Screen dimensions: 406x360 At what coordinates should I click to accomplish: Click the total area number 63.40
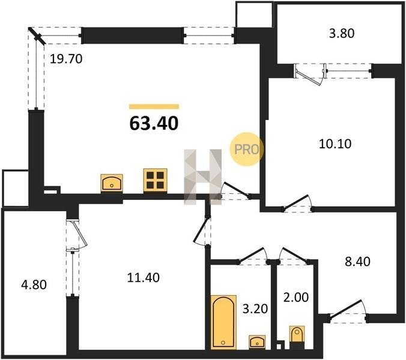pyautogui.click(x=154, y=123)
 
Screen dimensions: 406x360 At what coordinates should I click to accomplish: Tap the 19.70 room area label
pyautogui.click(x=66, y=59)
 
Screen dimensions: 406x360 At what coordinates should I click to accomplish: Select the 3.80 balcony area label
pyautogui.click(x=342, y=34)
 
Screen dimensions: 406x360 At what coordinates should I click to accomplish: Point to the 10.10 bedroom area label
pyautogui.click(x=335, y=144)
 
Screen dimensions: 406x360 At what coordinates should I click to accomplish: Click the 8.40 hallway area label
pyautogui.click(x=357, y=262)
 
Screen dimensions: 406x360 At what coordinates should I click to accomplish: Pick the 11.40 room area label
pyautogui.click(x=143, y=277)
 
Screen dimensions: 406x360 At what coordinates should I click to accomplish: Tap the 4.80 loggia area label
pyautogui.click(x=34, y=285)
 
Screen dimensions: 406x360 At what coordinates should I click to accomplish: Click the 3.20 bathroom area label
pyautogui.click(x=255, y=308)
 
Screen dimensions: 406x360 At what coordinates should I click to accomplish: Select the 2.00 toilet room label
pyautogui.click(x=296, y=297)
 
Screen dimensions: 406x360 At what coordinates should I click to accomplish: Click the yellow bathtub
pyautogui.click(x=223, y=322)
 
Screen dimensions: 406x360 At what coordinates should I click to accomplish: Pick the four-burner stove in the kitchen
pyautogui.click(x=156, y=180)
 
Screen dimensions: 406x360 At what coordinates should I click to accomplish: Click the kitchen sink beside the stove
pyautogui.click(x=112, y=183)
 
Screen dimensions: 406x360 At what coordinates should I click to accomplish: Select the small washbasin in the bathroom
pyautogui.click(x=257, y=342)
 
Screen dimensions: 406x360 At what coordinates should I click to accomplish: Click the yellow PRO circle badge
pyautogui.click(x=246, y=149)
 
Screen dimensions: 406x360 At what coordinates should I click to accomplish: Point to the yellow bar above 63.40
pyautogui.click(x=154, y=107)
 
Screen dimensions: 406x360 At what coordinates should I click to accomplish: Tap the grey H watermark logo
pyautogui.click(x=203, y=177)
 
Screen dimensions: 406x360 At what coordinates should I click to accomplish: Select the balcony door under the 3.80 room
pyautogui.click(x=309, y=74)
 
